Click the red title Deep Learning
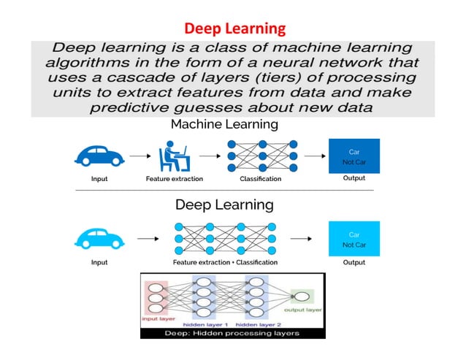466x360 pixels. (234, 28)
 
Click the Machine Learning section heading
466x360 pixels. (224, 124)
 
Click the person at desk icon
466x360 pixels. (174, 155)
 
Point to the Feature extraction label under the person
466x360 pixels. (175, 178)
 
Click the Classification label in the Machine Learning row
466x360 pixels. (261, 178)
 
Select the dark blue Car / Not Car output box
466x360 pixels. (354, 156)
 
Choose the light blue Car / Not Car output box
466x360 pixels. (354, 240)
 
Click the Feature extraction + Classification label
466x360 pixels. (225, 262)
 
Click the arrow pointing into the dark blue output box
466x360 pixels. (314, 156)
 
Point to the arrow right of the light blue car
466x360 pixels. (148, 238)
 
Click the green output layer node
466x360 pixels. (300, 296)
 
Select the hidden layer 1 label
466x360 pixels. (207, 323)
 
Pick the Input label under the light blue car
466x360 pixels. (99, 262)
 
